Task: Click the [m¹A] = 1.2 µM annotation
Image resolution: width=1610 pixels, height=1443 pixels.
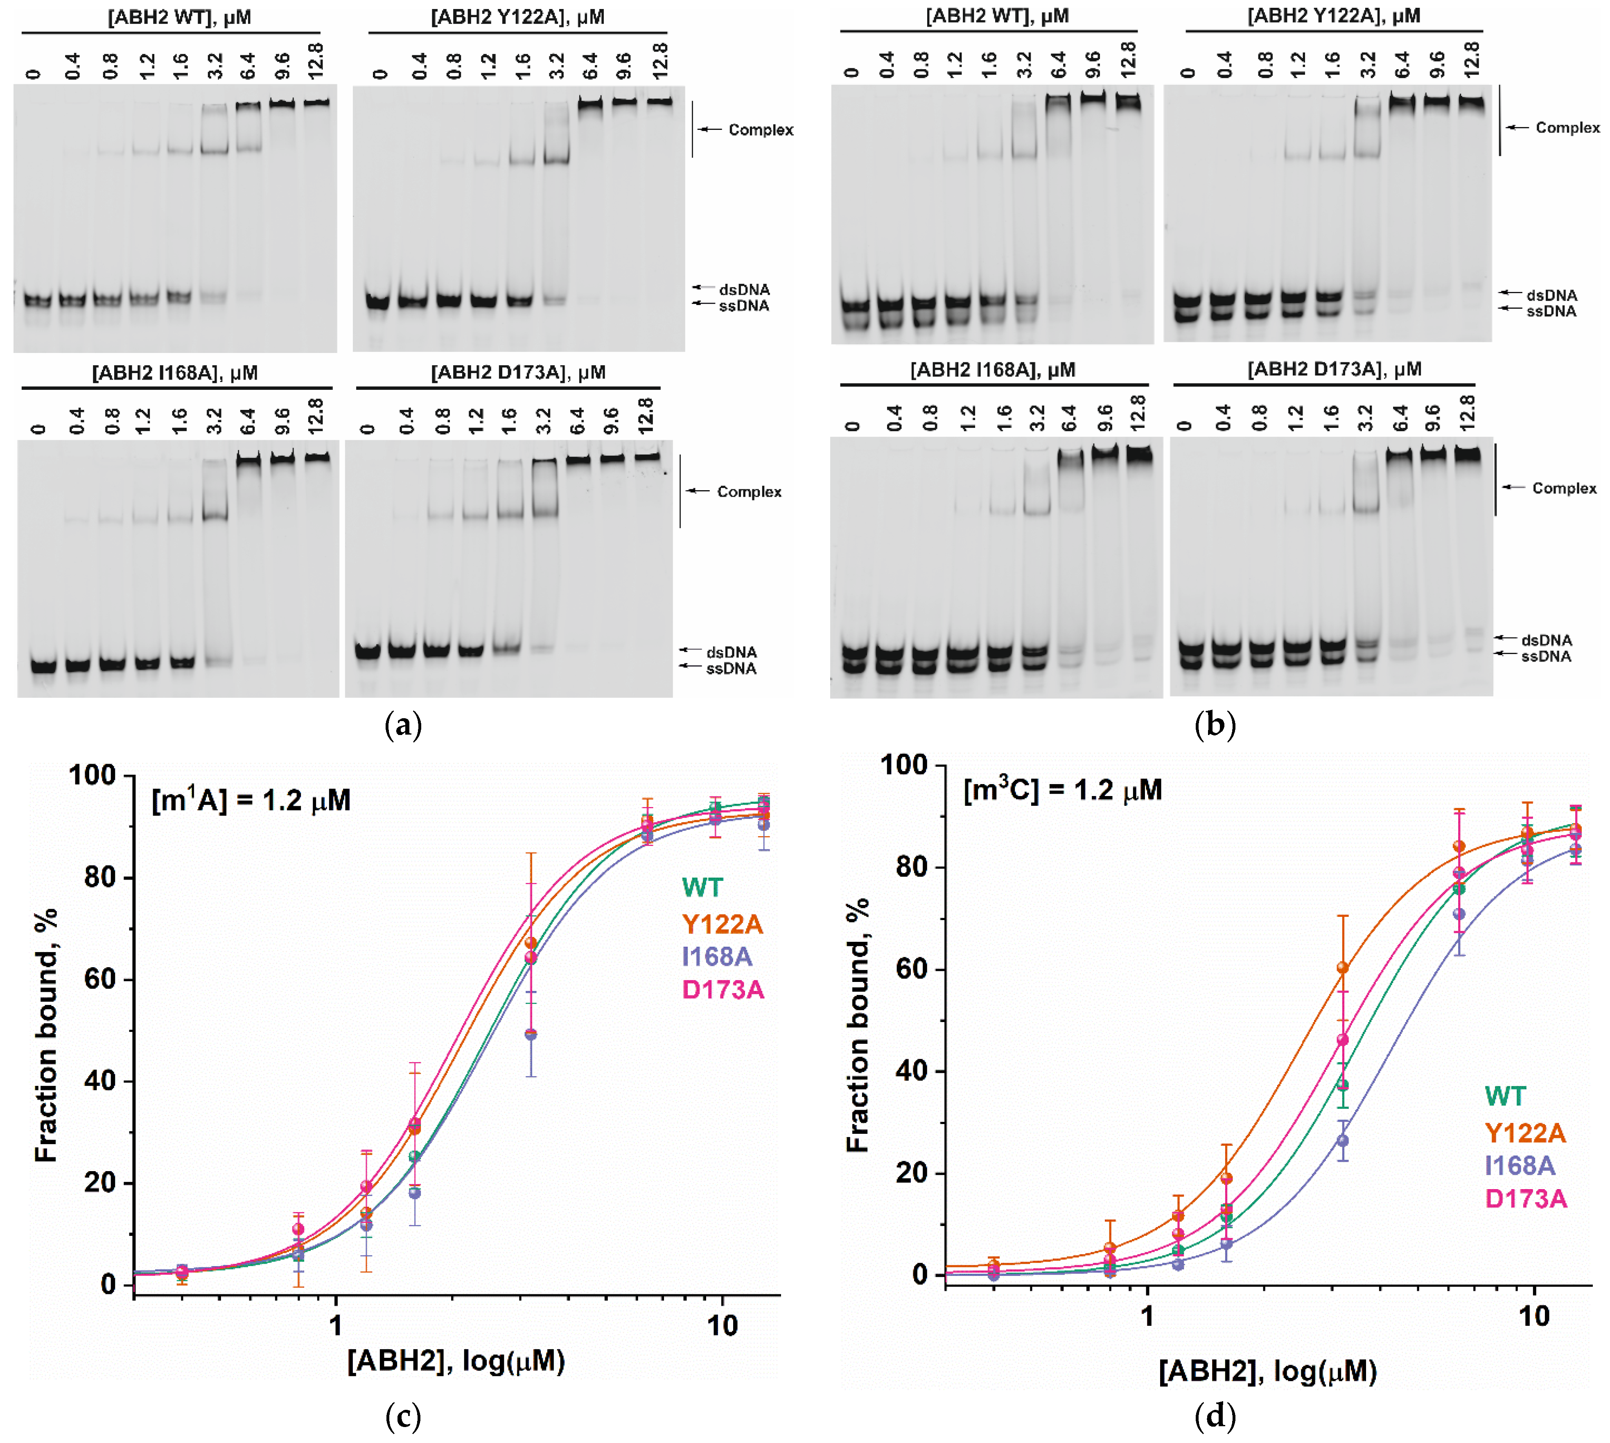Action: click(251, 801)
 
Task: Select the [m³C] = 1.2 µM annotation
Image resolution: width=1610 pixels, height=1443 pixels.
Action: click(1062, 790)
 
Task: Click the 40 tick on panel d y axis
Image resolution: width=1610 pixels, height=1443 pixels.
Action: click(912, 1071)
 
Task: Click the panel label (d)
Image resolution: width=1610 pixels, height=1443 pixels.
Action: click(1215, 1417)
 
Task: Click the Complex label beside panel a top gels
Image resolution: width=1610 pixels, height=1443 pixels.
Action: click(760, 130)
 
